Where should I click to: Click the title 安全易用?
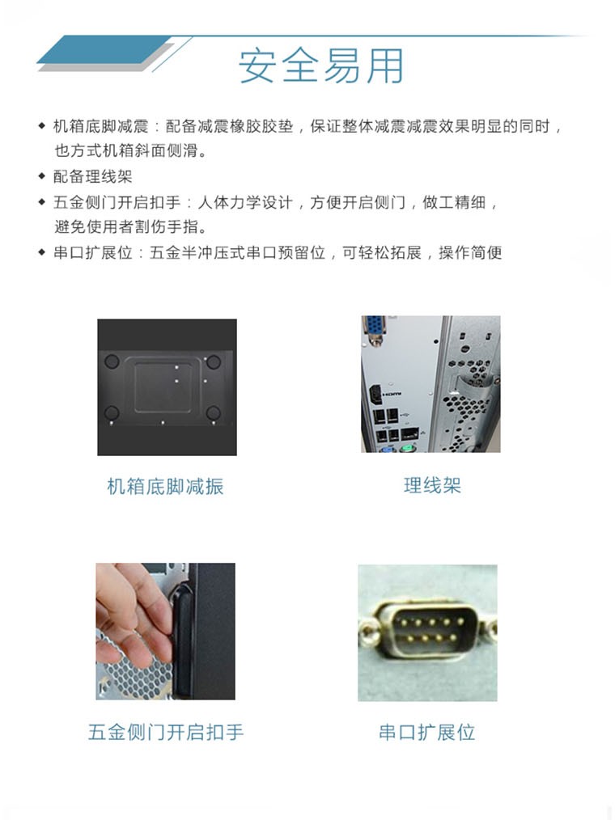320,66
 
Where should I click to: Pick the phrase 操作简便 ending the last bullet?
470,252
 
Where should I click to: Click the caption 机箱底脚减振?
165,486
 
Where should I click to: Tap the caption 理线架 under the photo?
432,485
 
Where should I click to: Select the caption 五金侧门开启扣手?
165,733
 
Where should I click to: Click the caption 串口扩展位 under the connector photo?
426,733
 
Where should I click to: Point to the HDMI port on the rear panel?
375,396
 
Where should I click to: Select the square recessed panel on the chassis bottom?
165,387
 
